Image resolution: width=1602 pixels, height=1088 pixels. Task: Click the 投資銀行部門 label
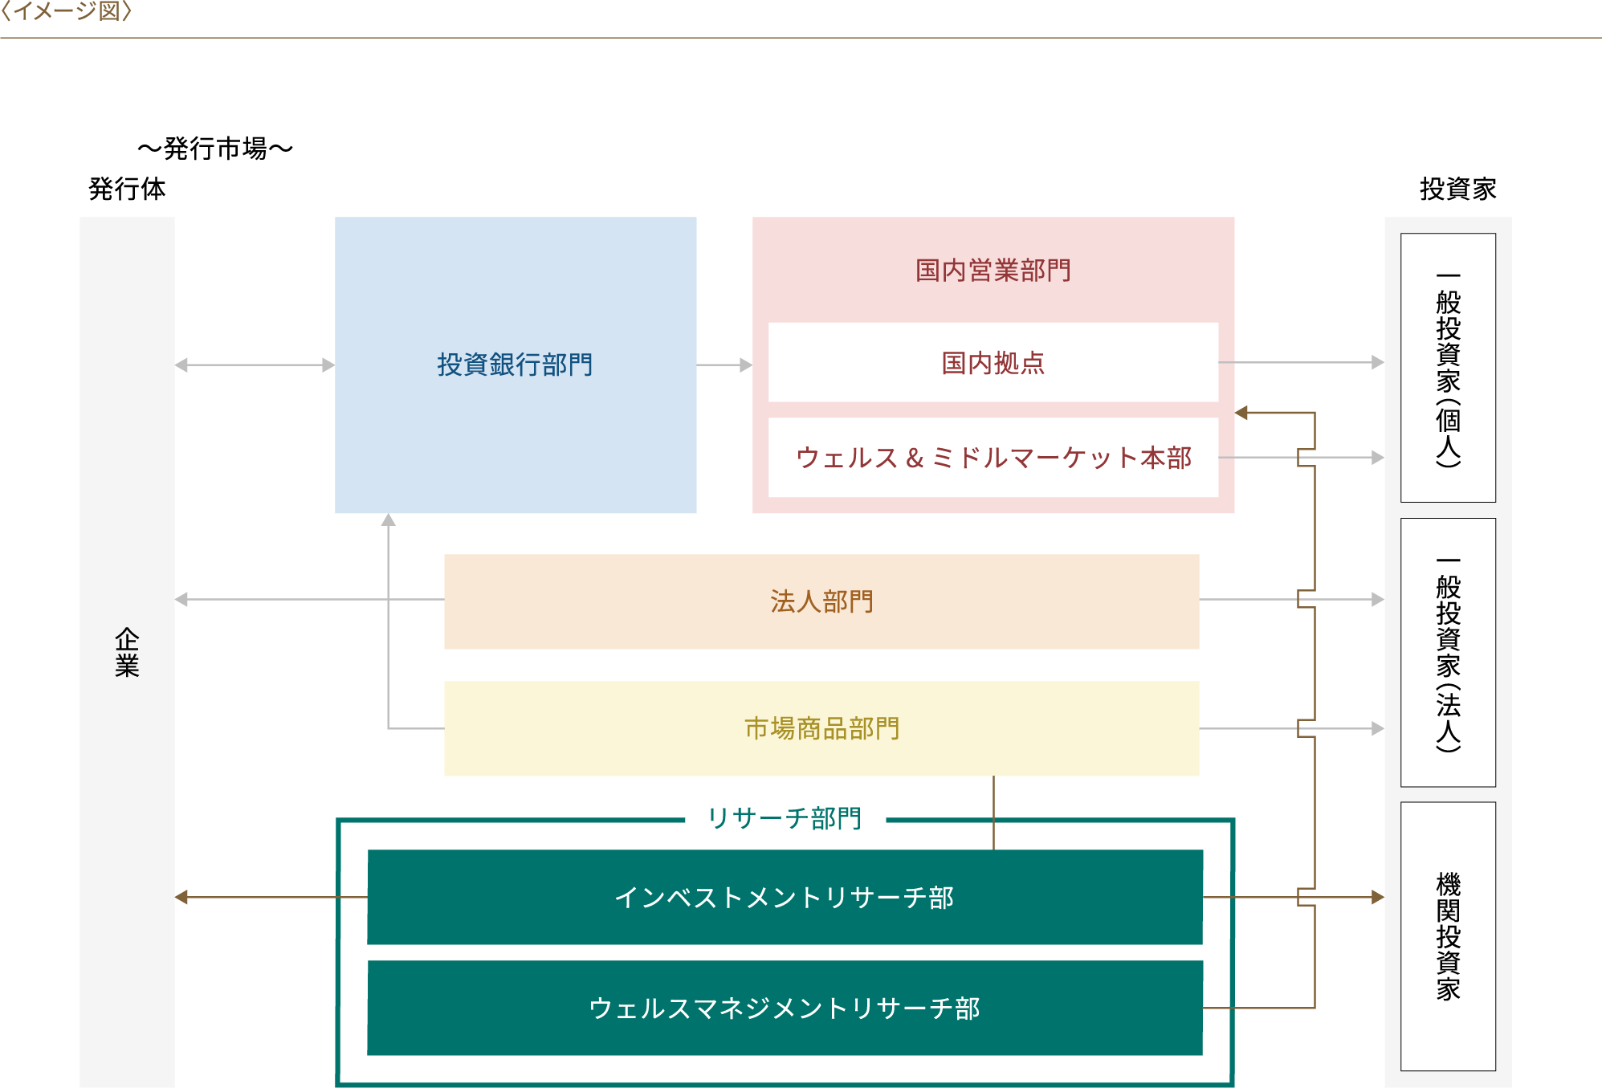click(x=515, y=365)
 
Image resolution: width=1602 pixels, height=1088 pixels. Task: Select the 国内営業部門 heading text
click(x=993, y=271)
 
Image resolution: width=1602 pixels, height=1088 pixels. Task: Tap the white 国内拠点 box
click(x=993, y=363)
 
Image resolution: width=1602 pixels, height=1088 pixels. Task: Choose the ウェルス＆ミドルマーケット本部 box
click(x=993, y=458)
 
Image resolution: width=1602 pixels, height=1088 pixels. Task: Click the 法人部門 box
click(x=821, y=601)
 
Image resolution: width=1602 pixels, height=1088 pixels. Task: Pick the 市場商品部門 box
click(x=821, y=728)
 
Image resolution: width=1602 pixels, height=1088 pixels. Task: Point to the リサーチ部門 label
click(x=785, y=818)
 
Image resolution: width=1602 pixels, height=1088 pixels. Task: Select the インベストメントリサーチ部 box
click(x=784, y=897)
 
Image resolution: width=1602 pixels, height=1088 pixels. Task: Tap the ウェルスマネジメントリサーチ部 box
click(x=784, y=1008)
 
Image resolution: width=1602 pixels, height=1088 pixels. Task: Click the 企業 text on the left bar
click(x=127, y=652)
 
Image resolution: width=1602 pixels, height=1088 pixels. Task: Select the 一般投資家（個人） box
click(x=1448, y=368)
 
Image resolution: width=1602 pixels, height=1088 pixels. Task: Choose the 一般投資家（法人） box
click(x=1448, y=652)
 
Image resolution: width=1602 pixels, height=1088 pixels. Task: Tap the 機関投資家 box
click(x=1448, y=935)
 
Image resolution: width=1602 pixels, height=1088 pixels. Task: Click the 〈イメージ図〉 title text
click(x=66, y=11)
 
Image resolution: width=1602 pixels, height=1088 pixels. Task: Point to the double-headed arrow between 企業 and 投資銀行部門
click(x=255, y=365)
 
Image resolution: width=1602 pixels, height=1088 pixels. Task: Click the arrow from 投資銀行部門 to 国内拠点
click(x=724, y=365)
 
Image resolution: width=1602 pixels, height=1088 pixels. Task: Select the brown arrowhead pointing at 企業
click(x=182, y=897)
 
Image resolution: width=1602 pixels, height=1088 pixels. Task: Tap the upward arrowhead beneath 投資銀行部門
click(x=389, y=520)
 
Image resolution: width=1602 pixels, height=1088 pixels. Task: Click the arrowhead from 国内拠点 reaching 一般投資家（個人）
click(x=1377, y=363)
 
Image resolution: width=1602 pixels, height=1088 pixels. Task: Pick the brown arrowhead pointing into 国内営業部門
click(x=1242, y=413)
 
